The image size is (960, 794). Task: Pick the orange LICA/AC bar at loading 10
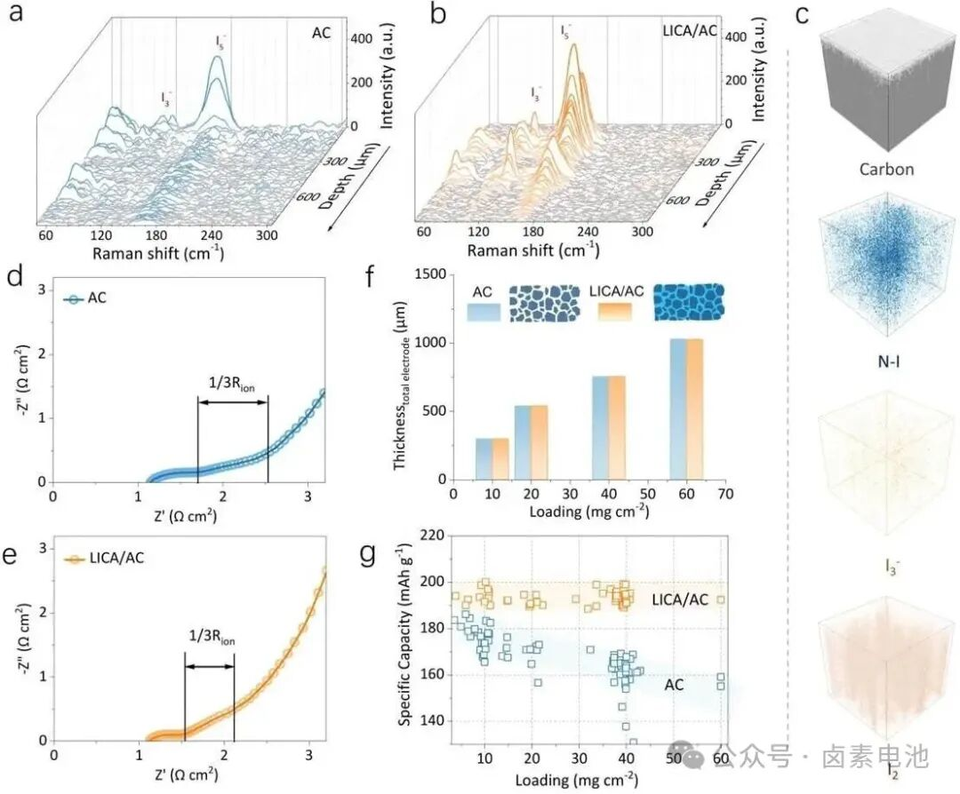[x=500, y=458]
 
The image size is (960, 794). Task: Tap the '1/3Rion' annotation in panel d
[x=233, y=386]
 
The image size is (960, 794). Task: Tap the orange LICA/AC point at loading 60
[x=721, y=599]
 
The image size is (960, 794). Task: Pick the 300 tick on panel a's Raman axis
[x=266, y=235]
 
